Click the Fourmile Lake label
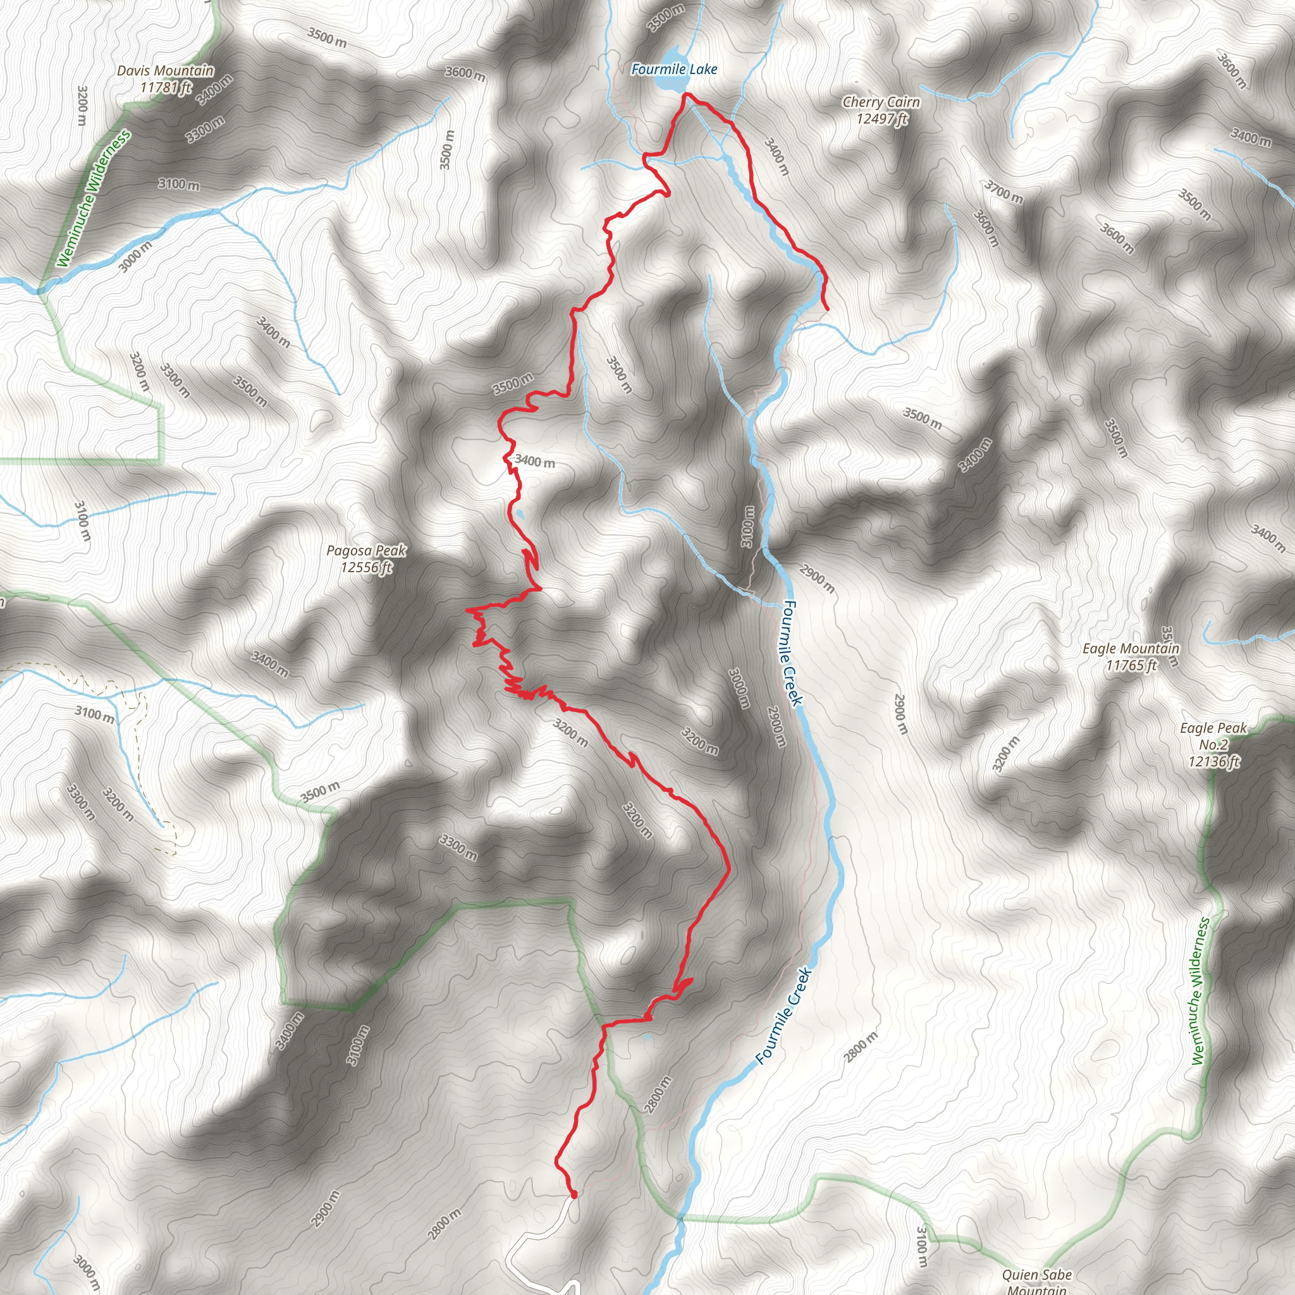tap(673, 69)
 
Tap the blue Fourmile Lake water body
tap(673, 54)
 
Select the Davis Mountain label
tap(166, 70)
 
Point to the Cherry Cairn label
tap(881, 102)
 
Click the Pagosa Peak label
tap(366, 550)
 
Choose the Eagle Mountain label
tap(1131, 648)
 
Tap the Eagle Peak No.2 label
tap(1213, 736)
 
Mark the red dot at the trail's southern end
tap(573, 1194)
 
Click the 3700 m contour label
tap(1003, 192)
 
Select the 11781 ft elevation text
tap(166, 87)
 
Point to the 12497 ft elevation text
tap(882, 119)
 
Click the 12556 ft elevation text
tap(366, 567)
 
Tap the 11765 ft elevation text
tap(1131, 665)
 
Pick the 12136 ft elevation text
tap(1214, 761)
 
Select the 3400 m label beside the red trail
tap(535, 462)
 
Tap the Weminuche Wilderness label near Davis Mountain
tap(93, 199)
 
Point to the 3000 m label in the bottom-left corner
tap(86, 1272)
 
